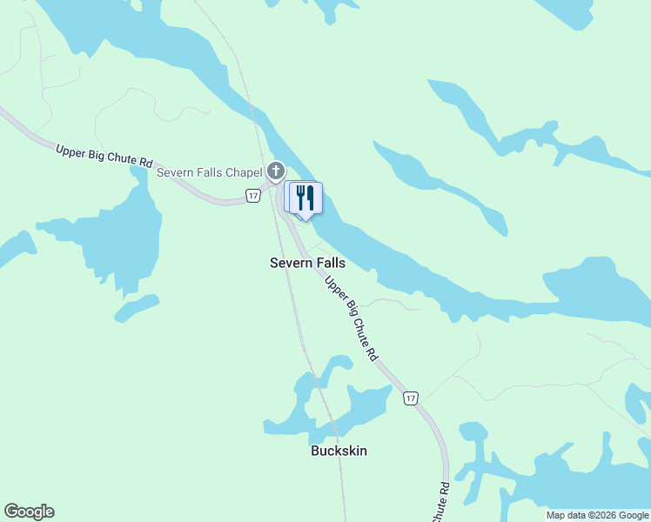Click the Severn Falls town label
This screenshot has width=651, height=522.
click(x=307, y=263)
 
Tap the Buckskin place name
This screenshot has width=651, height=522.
click(x=339, y=451)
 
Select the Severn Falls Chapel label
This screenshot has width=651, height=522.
click(x=210, y=172)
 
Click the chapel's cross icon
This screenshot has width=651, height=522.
click(x=276, y=171)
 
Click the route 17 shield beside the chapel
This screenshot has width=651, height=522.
click(x=252, y=196)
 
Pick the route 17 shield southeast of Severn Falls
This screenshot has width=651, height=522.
click(x=411, y=398)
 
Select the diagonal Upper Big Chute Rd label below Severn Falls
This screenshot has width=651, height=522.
click(x=352, y=318)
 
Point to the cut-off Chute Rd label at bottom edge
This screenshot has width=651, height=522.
click(x=441, y=503)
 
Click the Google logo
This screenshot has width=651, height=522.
click(x=29, y=512)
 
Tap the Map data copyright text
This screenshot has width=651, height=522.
click(x=598, y=515)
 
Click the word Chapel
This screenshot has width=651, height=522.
click(x=244, y=172)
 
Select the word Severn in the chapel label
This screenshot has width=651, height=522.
click(x=175, y=172)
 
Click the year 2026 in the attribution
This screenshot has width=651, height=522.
click(x=606, y=515)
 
